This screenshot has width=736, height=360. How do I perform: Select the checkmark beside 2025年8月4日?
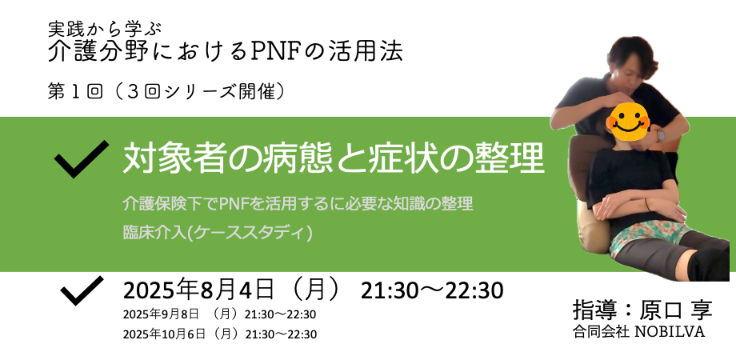(x=82, y=290)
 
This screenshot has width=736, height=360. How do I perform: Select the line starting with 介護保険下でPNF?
(x=298, y=203)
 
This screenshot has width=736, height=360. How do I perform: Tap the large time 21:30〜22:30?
(x=432, y=290)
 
